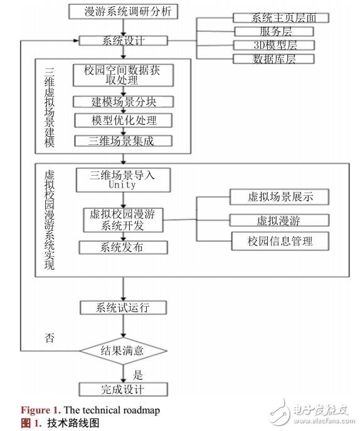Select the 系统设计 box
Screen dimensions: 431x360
click(x=123, y=41)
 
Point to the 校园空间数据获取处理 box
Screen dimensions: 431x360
click(x=123, y=76)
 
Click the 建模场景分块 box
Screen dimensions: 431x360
click(x=123, y=102)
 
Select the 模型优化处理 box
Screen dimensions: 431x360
click(x=123, y=120)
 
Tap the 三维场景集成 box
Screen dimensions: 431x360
click(x=123, y=141)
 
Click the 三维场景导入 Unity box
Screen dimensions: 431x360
click(x=123, y=180)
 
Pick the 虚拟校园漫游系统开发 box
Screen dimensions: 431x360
click(x=123, y=220)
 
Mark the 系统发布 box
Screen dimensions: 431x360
click(x=123, y=247)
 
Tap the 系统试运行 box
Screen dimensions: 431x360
click(x=123, y=307)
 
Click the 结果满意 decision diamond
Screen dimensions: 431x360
click(x=123, y=351)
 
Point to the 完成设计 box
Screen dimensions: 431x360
click(x=123, y=389)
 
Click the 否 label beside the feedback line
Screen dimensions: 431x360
click(x=49, y=339)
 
